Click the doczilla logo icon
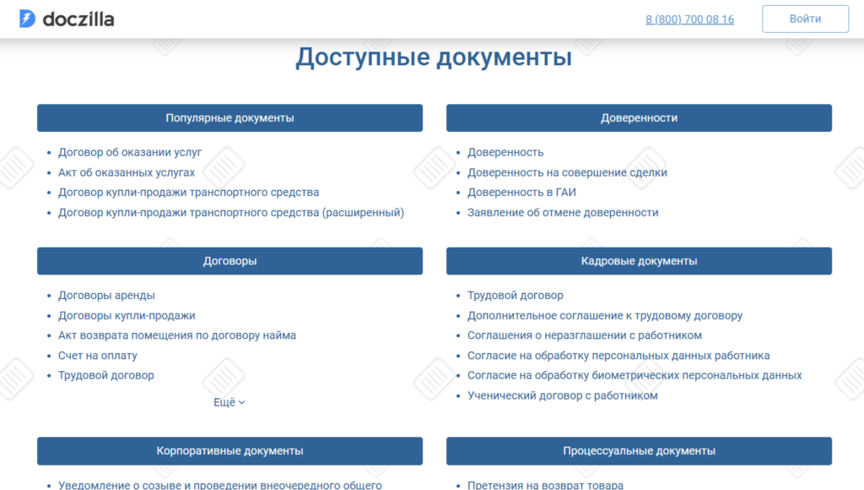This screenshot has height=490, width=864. pyautogui.click(x=27, y=19)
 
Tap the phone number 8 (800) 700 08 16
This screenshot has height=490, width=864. pyautogui.click(x=690, y=19)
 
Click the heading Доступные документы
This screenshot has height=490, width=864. pyautogui.click(x=434, y=57)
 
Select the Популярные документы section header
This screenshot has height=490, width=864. pyautogui.click(x=229, y=118)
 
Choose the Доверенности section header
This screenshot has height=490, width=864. pyautogui.click(x=640, y=118)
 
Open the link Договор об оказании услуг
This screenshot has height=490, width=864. pyautogui.click(x=130, y=152)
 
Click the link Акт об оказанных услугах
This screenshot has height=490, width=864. pyautogui.click(x=127, y=172)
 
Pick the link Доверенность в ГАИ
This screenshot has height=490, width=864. pyautogui.click(x=521, y=193)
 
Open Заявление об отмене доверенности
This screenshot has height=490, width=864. pyautogui.click(x=563, y=212)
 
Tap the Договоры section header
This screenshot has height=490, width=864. pyautogui.click(x=229, y=261)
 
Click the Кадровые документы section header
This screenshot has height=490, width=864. pyautogui.click(x=640, y=261)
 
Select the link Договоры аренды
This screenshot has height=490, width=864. pyautogui.click(x=107, y=296)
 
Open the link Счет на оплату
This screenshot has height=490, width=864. pyautogui.click(x=98, y=356)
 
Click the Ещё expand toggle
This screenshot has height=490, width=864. pyautogui.click(x=229, y=402)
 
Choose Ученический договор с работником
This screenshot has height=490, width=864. pyautogui.click(x=563, y=395)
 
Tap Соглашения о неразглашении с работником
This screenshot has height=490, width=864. pyautogui.click(x=585, y=335)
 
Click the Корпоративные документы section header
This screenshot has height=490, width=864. pyautogui.click(x=229, y=451)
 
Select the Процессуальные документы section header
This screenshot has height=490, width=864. pyautogui.click(x=640, y=451)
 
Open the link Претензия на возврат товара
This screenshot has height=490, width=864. pyautogui.click(x=546, y=485)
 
